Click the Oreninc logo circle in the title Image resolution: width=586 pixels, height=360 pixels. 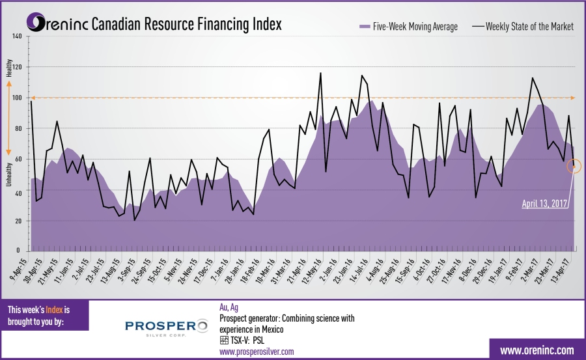[36, 24]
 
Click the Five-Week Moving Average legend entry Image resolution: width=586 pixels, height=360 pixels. [409, 27]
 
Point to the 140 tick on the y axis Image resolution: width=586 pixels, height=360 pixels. [17, 36]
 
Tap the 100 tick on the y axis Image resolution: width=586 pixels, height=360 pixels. [17, 98]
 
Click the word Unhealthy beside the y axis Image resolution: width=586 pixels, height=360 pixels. [9, 174]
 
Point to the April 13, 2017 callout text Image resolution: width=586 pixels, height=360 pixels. [545, 203]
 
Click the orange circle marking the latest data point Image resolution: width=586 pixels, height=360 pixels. [574, 166]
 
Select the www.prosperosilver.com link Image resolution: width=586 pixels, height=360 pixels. [257, 352]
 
